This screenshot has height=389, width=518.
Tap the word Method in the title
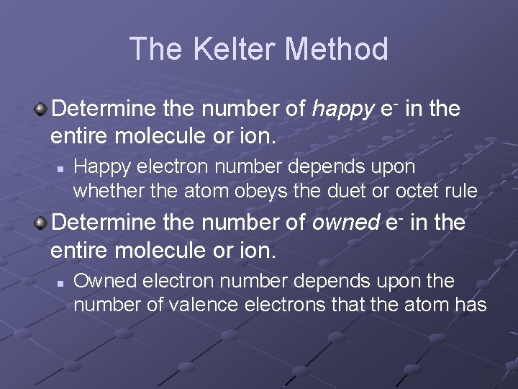coord(337,50)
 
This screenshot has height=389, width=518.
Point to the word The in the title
coord(154,50)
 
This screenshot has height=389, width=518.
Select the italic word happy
coord(343,110)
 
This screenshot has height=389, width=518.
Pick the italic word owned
coord(345,223)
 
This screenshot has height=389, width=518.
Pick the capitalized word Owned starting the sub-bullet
coord(101,281)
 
